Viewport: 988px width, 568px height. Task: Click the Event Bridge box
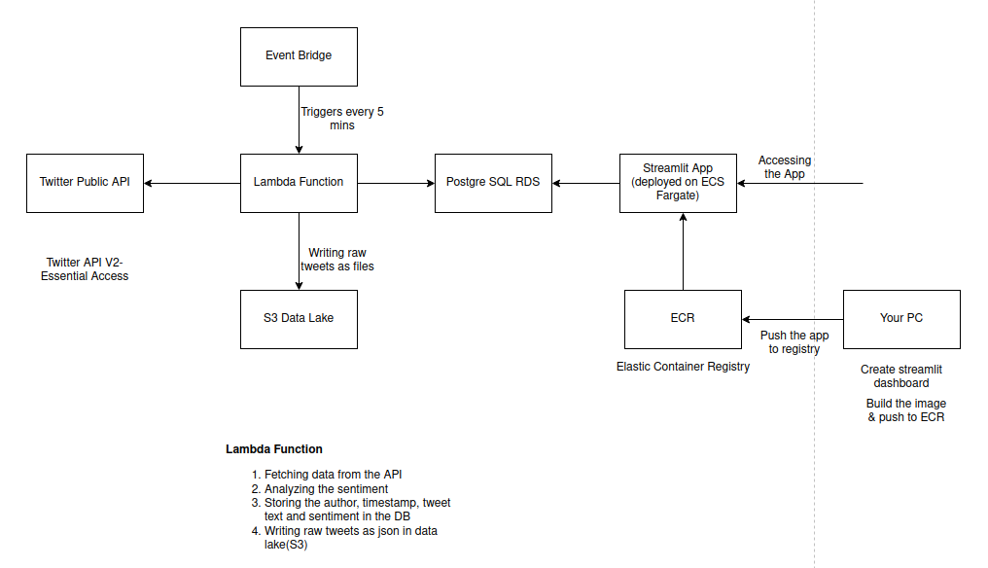point(299,56)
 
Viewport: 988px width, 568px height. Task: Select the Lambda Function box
point(299,182)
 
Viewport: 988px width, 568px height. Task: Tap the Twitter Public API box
point(85,182)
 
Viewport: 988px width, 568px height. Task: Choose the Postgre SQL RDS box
point(493,182)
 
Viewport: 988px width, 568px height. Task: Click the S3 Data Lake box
point(299,318)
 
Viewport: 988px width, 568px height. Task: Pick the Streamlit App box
point(678,182)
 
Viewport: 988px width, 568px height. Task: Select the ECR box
point(683,318)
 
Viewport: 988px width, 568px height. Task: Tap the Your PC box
point(901,318)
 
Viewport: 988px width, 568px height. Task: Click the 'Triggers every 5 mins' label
point(341,119)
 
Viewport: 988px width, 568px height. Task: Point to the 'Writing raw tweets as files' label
point(340,259)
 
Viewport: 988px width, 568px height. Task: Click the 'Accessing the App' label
point(785,167)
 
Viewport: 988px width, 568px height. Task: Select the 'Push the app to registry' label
point(794,342)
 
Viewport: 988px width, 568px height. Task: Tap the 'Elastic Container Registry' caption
point(683,367)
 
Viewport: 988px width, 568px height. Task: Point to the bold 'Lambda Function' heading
point(274,449)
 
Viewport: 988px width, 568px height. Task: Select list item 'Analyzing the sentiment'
point(326,488)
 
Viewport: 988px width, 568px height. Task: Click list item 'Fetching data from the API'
point(333,475)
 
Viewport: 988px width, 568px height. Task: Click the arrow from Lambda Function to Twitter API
point(192,182)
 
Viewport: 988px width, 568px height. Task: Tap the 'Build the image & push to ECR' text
point(905,410)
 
